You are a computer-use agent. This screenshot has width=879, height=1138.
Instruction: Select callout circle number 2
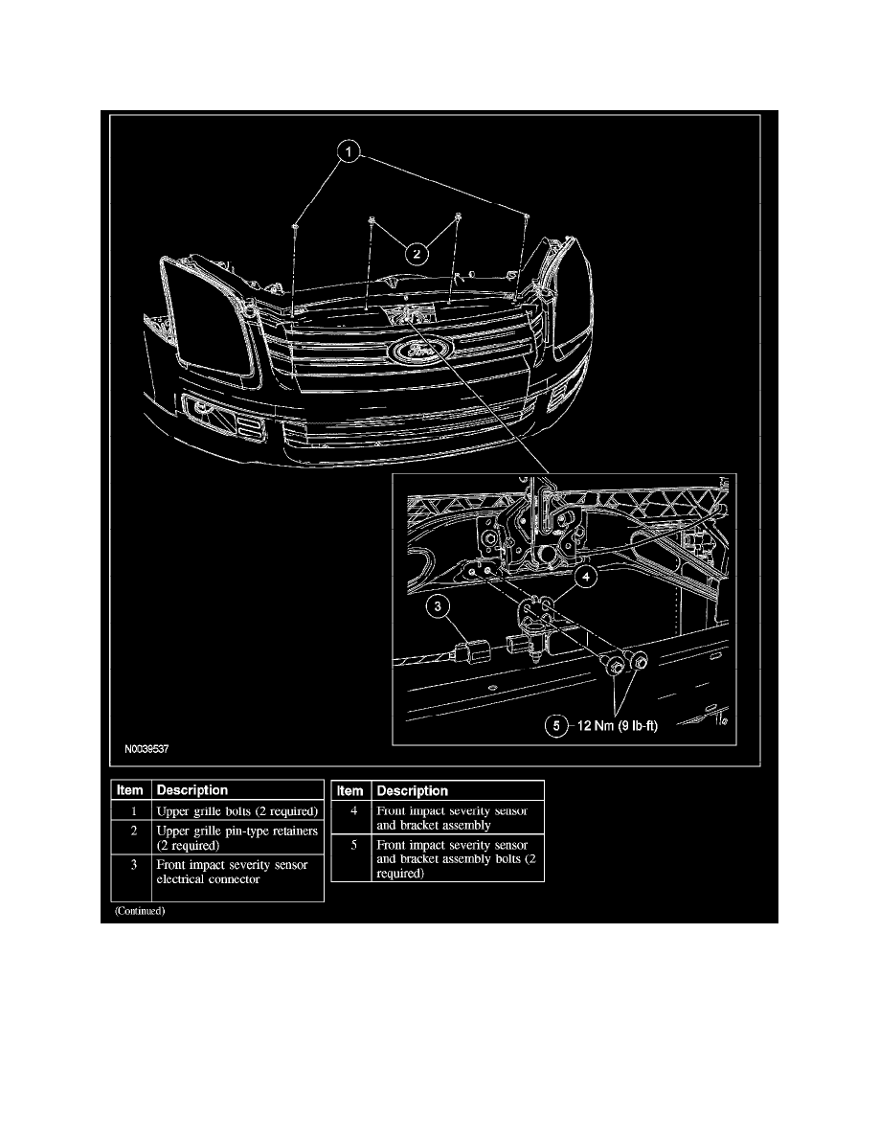(x=416, y=254)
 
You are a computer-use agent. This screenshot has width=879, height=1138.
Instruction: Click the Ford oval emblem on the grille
(x=419, y=352)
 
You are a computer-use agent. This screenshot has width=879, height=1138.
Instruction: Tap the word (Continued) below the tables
(x=140, y=911)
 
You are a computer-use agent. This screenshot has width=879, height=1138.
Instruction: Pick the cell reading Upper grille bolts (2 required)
(x=237, y=811)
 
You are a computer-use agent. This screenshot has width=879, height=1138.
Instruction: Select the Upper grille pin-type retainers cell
(x=237, y=839)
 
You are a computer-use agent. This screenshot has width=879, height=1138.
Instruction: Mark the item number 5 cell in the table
(x=349, y=858)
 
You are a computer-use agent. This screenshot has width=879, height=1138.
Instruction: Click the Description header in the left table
(x=192, y=790)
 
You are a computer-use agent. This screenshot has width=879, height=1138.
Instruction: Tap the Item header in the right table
(x=350, y=790)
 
